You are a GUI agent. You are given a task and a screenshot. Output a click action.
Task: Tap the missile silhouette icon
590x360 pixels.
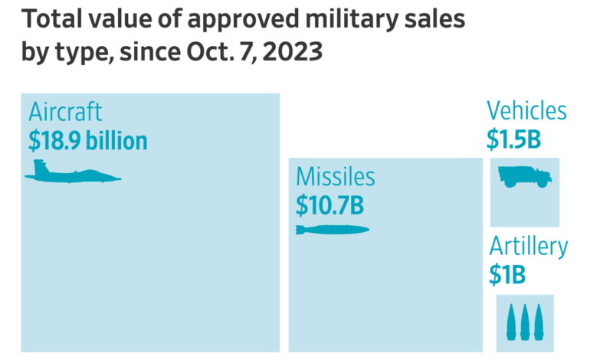coord(332,230)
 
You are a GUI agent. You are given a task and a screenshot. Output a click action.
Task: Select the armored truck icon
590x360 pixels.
coord(525,177)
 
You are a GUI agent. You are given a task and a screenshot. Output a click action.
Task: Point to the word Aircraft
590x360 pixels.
coord(65,112)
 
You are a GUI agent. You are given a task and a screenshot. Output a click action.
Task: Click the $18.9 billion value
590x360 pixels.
coord(87,141)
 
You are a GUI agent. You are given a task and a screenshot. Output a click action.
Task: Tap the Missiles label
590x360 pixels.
coord(336,178)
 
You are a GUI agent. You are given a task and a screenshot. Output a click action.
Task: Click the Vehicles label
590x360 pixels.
coord(526,110)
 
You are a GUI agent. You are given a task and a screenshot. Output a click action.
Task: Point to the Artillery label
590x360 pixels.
coord(529,247)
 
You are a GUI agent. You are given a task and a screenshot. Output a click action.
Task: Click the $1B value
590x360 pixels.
coord(506,274)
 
